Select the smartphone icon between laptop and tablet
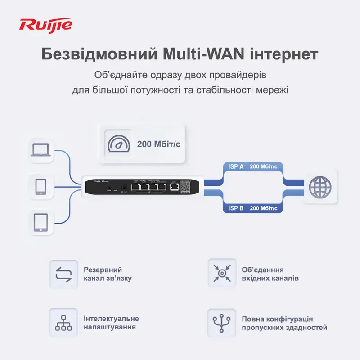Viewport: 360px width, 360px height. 41,186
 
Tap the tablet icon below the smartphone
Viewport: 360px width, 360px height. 41,221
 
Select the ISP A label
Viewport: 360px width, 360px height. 235,166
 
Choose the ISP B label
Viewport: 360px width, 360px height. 235,208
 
